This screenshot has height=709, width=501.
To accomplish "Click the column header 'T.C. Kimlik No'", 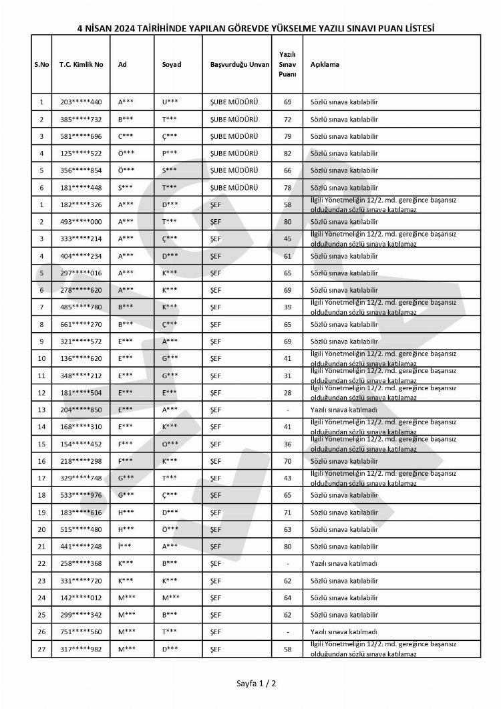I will tap(81, 65).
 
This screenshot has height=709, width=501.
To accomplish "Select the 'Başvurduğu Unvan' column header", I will tap(239, 65).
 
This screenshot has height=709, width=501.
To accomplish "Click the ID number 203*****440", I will tap(81, 102).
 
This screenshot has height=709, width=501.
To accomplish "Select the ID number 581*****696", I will tap(81, 136).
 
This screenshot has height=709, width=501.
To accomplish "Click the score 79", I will tap(287, 136).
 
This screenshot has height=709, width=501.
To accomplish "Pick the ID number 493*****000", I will tap(81, 222).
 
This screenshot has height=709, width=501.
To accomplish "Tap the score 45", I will tap(287, 239).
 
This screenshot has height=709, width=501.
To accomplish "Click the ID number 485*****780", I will tap(81, 307).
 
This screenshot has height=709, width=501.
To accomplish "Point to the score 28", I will tap(287, 393).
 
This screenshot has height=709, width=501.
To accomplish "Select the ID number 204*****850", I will tap(81, 410).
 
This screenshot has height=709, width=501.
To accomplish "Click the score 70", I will tap(287, 461).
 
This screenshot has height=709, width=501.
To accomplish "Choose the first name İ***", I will tap(125, 546).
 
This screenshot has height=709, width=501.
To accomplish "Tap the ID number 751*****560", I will tap(81, 631).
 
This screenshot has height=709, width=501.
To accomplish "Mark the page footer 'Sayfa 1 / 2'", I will tap(256, 684).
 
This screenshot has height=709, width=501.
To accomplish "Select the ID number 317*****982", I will tap(81, 649).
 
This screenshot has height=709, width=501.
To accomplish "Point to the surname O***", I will tap(170, 444).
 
